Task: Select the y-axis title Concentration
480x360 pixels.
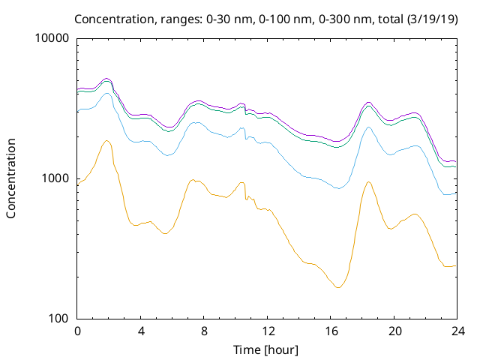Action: (11, 178)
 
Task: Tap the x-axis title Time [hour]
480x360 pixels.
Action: (265, 350)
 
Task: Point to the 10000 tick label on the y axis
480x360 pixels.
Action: (52, 38)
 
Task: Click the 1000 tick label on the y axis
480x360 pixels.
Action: (55, 178)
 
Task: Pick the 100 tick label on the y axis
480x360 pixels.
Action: (58, 318)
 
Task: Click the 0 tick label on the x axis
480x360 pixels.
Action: (77, 331)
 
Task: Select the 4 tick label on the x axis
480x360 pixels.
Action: (141, 331)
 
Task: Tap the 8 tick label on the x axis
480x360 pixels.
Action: (204, 331)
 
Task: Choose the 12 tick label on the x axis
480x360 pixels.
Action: (268, 331)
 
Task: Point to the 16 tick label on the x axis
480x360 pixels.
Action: (331, 331)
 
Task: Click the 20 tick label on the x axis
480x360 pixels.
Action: (394, 331)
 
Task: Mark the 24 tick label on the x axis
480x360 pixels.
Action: (458, 331)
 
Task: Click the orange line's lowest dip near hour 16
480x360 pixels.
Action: (338, 287)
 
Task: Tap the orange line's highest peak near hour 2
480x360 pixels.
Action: (106, 140)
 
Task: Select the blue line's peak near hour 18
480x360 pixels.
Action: (368, 127)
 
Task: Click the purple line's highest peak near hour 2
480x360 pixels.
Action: (106, 78)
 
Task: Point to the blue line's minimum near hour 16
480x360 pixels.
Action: (338, 188)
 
